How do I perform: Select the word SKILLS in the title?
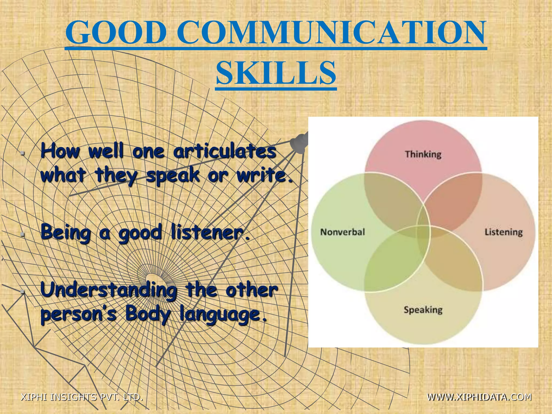[276, 73]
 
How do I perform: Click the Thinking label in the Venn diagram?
[423, 154]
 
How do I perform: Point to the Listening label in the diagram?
[503, 232]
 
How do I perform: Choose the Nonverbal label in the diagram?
[343, 232]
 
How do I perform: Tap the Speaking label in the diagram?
[423, 310]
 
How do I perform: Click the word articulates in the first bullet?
[225, 151]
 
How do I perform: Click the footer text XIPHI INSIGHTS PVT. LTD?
[82, 397]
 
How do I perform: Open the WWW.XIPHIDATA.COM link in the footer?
[479, 397]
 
